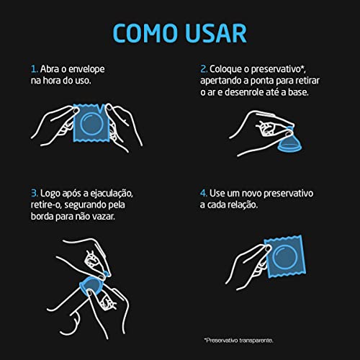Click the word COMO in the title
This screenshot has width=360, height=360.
142,33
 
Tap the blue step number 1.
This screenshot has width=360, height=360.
33,69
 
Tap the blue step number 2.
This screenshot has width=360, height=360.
204,69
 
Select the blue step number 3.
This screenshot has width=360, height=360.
34,194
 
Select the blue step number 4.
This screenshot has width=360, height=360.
204,194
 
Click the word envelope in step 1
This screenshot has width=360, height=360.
85,69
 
